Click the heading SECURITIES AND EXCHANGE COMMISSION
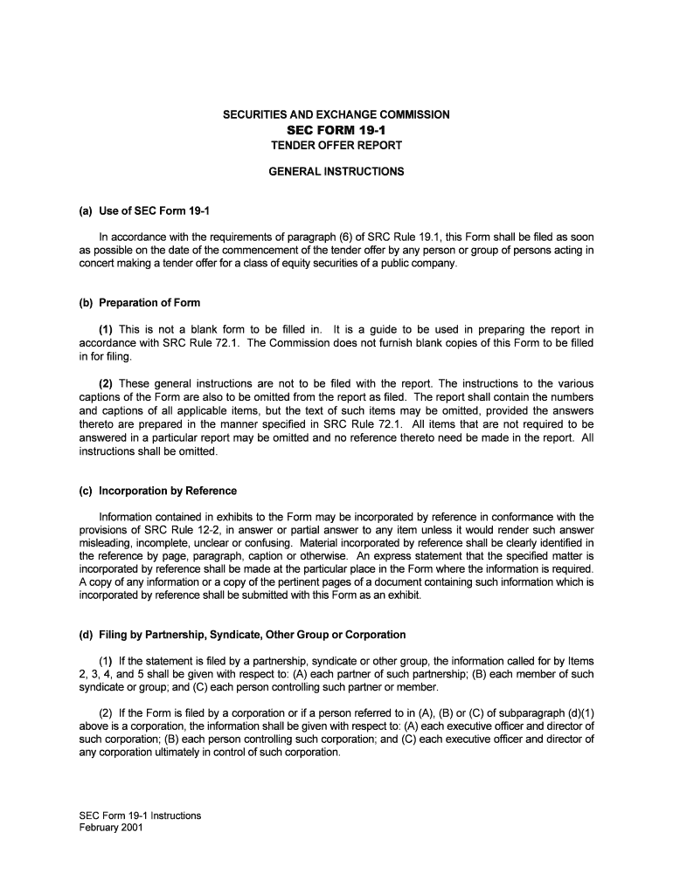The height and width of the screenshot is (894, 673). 336,114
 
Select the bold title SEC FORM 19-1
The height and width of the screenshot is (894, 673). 336,130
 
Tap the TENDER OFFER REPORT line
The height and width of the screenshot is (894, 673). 336,146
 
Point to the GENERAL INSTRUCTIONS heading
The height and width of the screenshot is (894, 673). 336,172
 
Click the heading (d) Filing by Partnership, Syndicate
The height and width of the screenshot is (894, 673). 242,635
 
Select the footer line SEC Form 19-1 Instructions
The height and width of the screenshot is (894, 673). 140,816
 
